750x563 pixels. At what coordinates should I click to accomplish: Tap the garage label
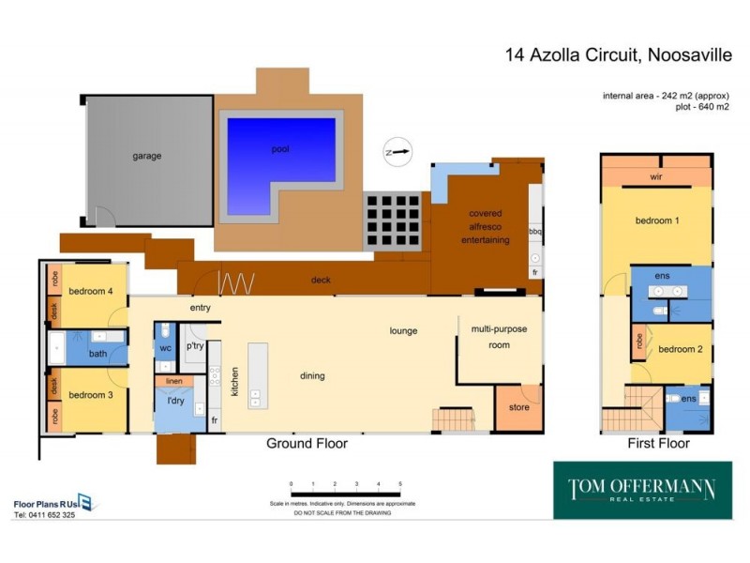146,156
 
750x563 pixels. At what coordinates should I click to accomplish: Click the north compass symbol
397,151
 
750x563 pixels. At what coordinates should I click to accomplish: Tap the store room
517,407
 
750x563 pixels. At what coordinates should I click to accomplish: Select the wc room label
166,348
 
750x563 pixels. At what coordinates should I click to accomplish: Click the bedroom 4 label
90,291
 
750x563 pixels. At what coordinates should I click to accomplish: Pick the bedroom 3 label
90,395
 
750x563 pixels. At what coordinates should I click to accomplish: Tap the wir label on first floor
656,176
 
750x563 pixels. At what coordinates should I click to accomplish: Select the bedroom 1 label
656,221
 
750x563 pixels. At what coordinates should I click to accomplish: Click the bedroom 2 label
679,349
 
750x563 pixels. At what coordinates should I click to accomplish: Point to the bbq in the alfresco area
536,228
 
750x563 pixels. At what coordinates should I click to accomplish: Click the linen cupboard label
173,382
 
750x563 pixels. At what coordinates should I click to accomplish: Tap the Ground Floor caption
307,444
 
